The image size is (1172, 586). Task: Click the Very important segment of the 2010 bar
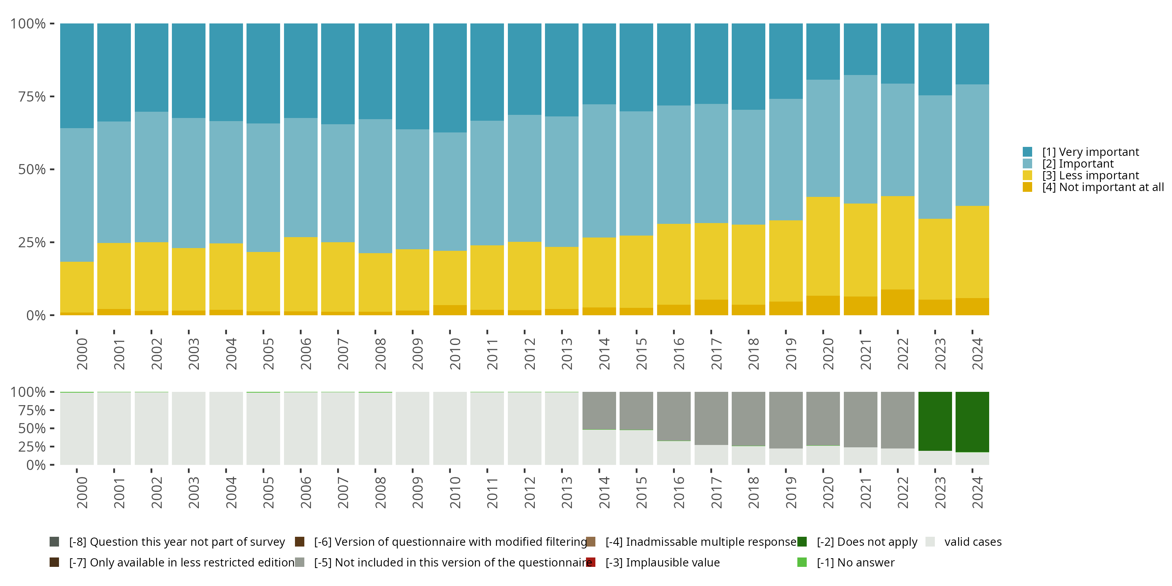pyautogui.click(x=450, y=77)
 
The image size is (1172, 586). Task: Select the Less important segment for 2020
pyautogui.click(x=823, y=246)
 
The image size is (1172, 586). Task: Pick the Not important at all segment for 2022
pyautogui.click(x=897, y=302)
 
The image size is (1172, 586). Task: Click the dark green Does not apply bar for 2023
pyautogui.click(x=935, y=421)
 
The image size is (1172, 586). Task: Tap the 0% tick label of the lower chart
pyautogui.click(x=36, y=465)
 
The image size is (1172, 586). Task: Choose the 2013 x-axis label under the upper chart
pyautogui.click(x=566, y=354)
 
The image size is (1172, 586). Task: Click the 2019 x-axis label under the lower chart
pyautogui.click(x=790, y=492)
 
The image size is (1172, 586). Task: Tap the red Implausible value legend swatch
pyautogui.click(x=591, y=562)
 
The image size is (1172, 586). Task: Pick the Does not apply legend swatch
pyautogui.click(x=802, y=541)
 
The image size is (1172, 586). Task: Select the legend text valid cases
pyautogui.click(x=973, y=541)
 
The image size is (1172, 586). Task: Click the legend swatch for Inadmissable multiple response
pyautogui.click(x=591, y=541)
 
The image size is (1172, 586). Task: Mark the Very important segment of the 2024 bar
pyautogui.click(x=972, y=54)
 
